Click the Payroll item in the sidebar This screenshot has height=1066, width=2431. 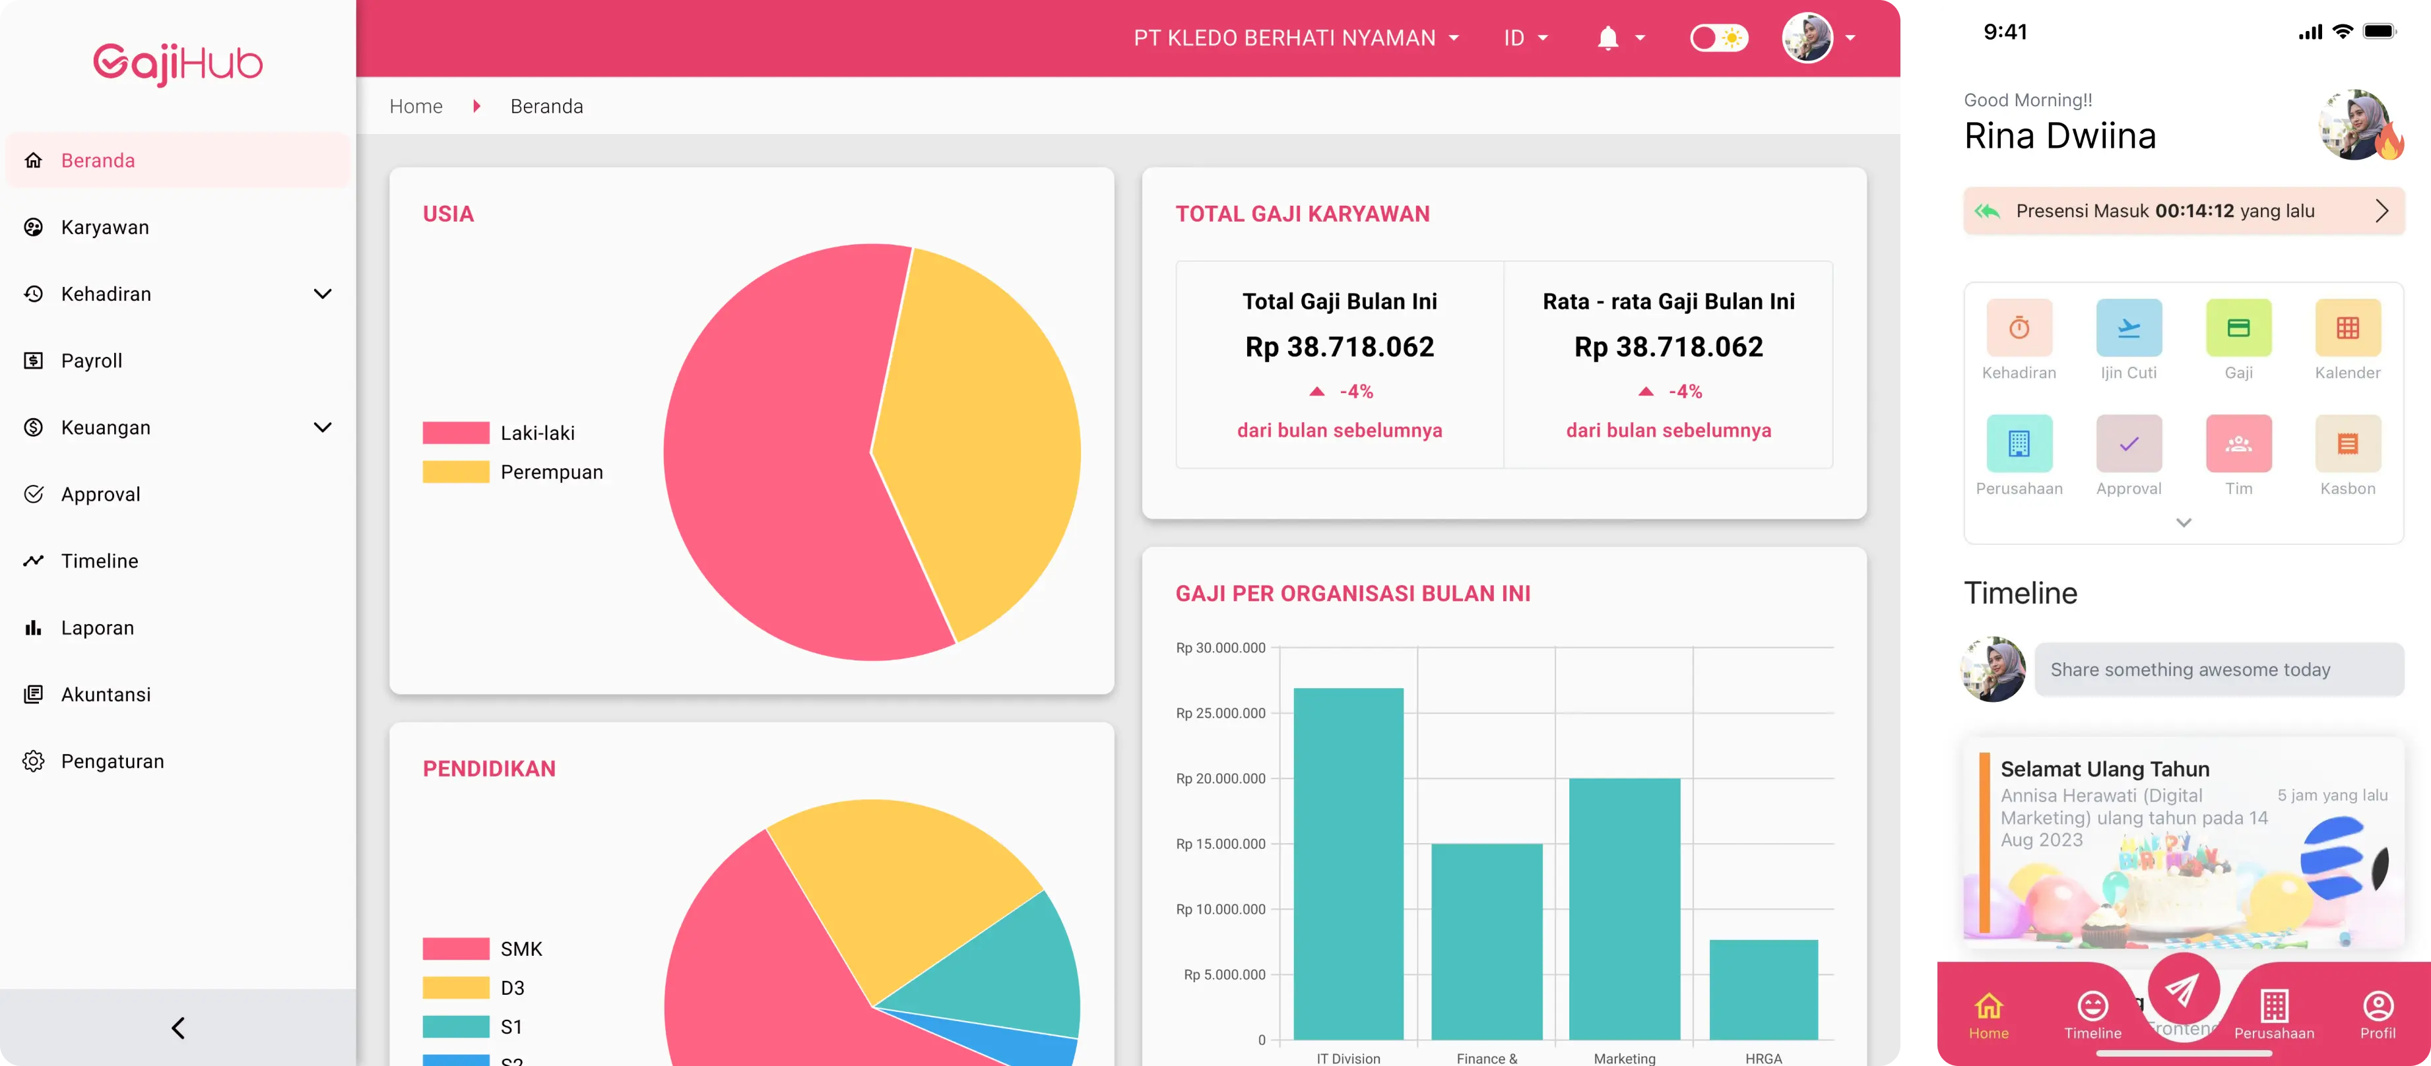92,360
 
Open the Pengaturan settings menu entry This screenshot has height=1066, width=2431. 112,761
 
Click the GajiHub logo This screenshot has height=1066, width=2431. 178,63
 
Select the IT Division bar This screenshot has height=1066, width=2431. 1347,863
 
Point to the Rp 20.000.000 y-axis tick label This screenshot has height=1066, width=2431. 1220,779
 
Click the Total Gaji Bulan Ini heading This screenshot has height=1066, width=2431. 1339,302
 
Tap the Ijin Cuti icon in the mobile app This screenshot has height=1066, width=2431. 2128,329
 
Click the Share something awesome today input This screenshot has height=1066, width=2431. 2218,670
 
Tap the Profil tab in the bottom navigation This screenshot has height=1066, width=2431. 2377,1014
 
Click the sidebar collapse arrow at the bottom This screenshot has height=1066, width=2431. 178,1027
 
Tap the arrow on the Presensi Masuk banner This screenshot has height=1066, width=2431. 2381,211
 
